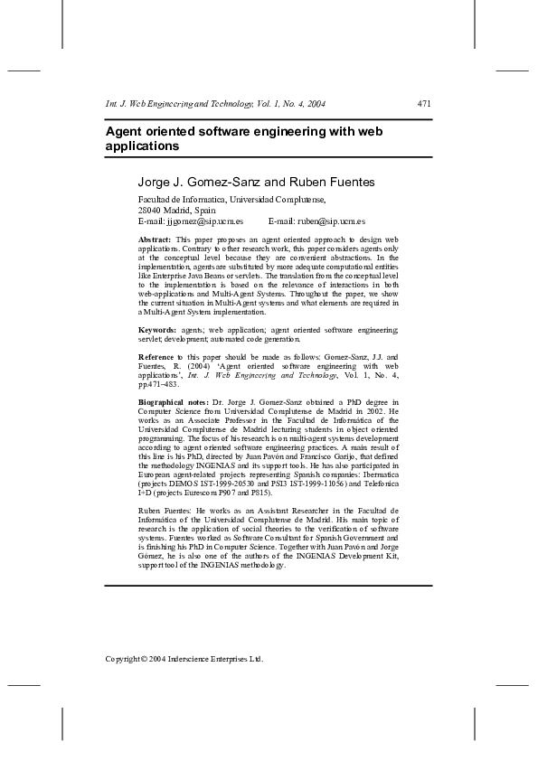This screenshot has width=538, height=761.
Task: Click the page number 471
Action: [x=424, y=105]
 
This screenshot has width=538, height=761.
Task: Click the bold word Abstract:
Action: [x=154, y=238]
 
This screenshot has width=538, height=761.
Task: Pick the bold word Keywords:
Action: [x=157, y=332]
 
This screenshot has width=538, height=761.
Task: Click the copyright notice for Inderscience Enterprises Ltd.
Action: [x=184, y=659]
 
